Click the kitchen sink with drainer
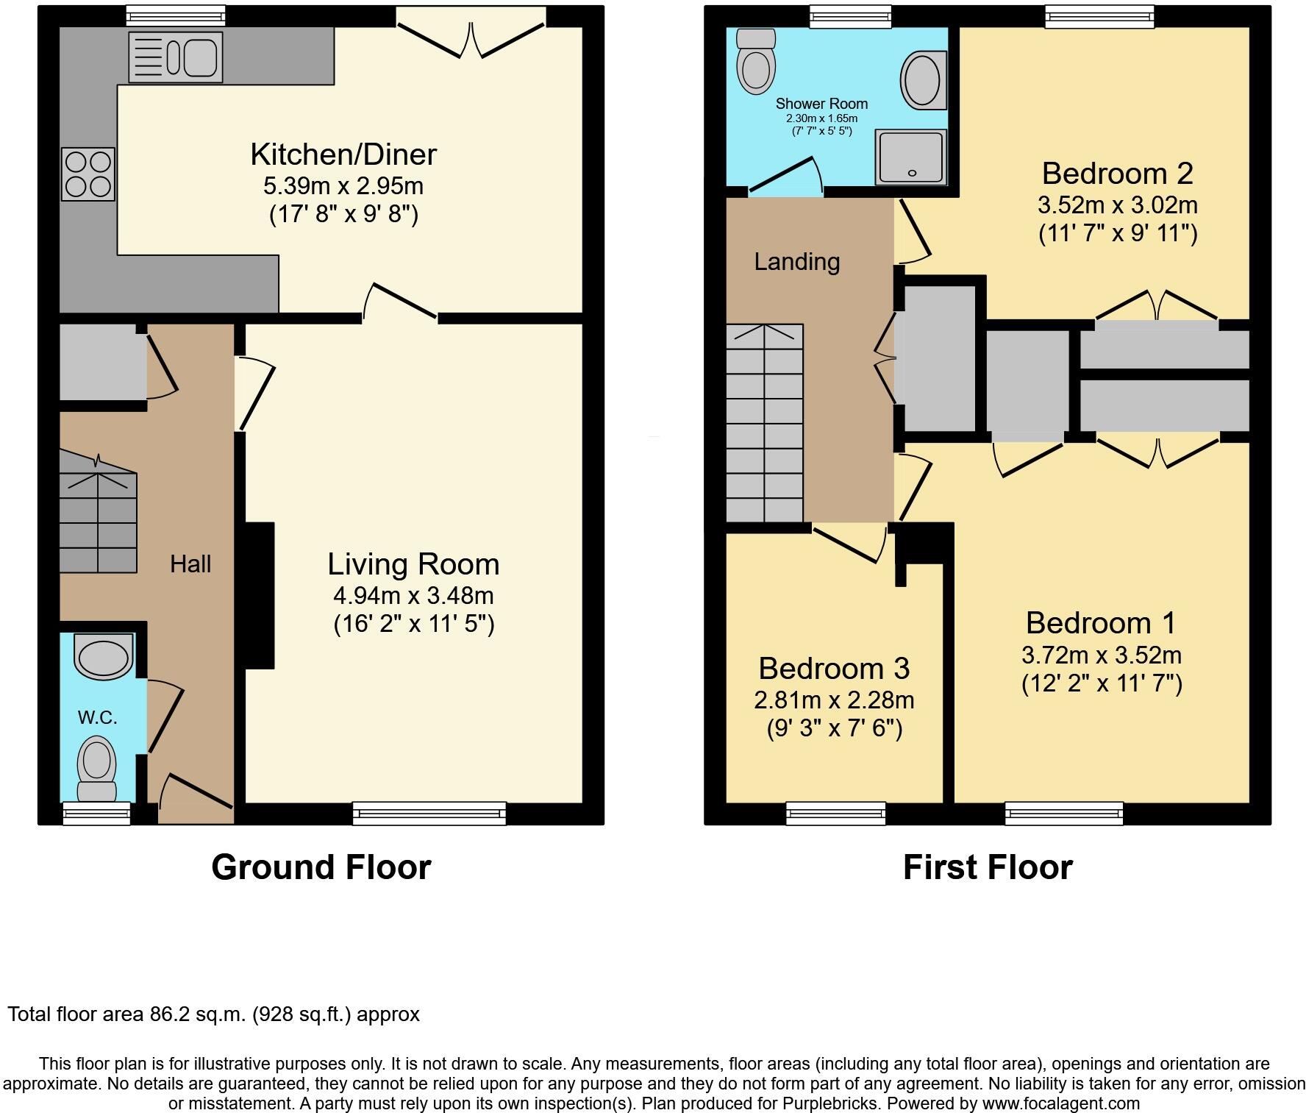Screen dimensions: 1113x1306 (175, 57)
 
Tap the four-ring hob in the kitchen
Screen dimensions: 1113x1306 (88, 174)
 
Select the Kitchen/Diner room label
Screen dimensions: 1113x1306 (343, 154)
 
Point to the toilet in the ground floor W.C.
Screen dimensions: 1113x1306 (97, 770)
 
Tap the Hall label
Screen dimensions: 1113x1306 (190, 564)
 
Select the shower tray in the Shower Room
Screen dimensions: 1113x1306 (910, 157)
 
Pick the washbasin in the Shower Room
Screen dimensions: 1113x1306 (921, 80)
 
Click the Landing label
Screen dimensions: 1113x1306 (797, 262)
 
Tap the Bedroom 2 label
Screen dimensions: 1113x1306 (1117, 174)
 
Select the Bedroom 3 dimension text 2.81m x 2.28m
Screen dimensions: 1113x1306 (834, 700)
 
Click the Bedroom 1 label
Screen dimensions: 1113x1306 (1101, 623)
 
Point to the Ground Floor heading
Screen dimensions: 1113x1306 (321, 867)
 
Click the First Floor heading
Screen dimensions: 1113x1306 (988, 867)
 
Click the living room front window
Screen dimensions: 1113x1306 (429, 813)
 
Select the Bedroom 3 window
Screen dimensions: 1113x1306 (836, 813)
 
